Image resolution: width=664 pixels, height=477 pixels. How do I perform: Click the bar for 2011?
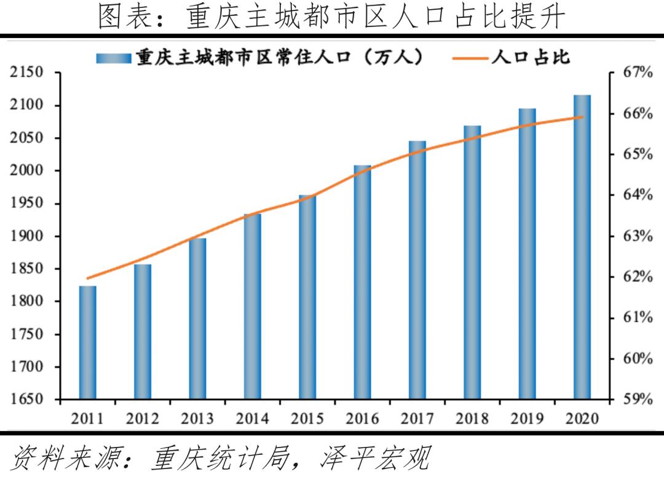pos(88,342)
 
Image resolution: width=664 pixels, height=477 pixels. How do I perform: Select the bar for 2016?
pos(362,282)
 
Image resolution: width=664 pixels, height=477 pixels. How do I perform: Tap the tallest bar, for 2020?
pos(582,247)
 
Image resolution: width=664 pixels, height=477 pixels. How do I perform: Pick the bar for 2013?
pos(197,318)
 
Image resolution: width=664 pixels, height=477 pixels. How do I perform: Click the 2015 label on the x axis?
pos(307,419)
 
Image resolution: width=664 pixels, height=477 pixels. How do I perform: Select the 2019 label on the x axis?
pos(527,419)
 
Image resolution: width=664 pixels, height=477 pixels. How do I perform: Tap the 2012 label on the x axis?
pos(143,419)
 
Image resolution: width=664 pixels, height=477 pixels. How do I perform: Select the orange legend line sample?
pos(470,58)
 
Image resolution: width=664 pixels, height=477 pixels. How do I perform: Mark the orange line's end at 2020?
pos(582,117)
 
